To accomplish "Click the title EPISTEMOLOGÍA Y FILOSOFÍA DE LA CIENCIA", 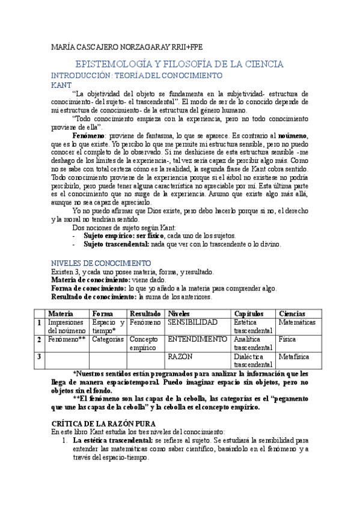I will pos(179,64).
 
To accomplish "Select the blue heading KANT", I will pos(61,85).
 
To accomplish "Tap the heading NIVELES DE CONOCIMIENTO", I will pos(101,263).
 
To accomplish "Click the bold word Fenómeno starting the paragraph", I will pos(89,137).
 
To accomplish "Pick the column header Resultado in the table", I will pos(145,314).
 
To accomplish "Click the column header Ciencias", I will pos(292,314).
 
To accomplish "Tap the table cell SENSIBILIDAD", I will pos(192,323).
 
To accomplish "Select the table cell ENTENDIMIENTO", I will pos(197,340).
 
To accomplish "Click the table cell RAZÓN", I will pos(180,357).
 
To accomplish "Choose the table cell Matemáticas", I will pos(297,323).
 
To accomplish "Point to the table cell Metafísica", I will pos(294,357).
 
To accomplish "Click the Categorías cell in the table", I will pos(108,340).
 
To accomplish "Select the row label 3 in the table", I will pos(39,357).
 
